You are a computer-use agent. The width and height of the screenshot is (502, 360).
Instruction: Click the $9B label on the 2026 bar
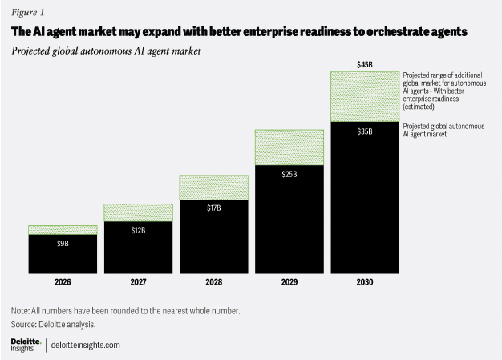pyautogui.click(x=63, y=242)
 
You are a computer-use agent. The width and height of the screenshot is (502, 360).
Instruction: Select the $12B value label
pyautogui.click(x=138, y=230)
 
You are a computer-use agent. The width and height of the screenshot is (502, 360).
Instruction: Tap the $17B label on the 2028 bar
pyautogui.click(x=213, y=208)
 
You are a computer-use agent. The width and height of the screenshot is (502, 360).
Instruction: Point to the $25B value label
pyautogui.click(x=289, y=173)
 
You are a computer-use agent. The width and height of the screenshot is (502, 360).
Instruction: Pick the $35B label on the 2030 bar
pyautogui.click(x=364, y=131)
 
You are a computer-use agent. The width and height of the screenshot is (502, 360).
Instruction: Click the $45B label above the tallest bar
pyautogui.click(x=364, y=63)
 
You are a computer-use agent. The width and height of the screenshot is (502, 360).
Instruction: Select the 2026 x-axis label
pyautogui.click(x=63, y=282)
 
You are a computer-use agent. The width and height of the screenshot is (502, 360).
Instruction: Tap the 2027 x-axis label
pyautogui.click(x=138, y=282)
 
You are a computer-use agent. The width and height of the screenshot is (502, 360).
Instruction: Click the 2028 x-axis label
pyautogui.click(x=213, y=282)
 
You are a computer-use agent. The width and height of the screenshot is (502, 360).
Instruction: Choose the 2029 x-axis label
pyautogui.click(x=289, y=282)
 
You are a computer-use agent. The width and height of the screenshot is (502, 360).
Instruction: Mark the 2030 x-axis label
pyautogui.click(x=364, y=282)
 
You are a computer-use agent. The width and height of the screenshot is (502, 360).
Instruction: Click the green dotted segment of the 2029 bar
pyautogui.click(x=289, y=147)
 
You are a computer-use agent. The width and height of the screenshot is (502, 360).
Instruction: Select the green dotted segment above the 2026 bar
pyautogui.click(x=63, y=230)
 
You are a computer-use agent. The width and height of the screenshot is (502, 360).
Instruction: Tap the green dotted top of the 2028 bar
pyautogui.click(x=213, y=187)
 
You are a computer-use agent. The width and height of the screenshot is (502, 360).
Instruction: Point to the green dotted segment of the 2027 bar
pyautogui.click(x=138, y=212)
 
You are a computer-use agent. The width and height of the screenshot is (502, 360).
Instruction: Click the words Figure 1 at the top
pyautogui.click(x=27, y=13)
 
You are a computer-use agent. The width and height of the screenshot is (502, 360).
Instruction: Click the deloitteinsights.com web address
pyautogui.click(x=86, y=345)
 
